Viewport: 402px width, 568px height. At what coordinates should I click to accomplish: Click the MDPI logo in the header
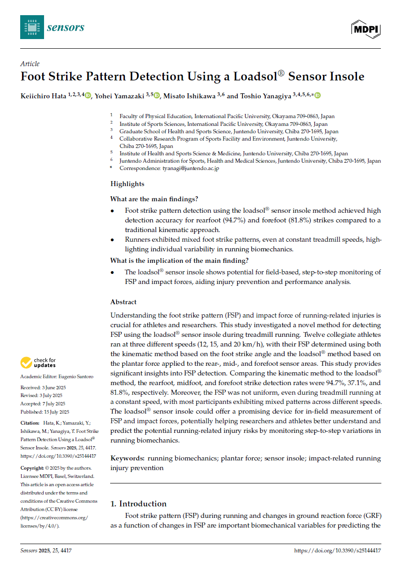pyautogui.click(x=366, y=29)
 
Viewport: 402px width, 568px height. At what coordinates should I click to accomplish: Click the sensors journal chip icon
pyautogui.click(x=32, y=27)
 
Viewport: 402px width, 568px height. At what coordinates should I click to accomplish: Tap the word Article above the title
pyautogui.click(x=30, y=64)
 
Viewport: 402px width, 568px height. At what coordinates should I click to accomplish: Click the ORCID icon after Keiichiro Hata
pyautogui.click(x=88, y=96)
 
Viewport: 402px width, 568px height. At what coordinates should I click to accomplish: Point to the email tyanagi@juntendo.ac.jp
pyautogui.click(x=190, y=169)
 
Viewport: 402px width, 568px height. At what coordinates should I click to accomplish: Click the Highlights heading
pyautogui.click(x=127, y=184)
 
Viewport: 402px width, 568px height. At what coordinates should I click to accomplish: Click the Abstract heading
pyautogui.click(x=123, y=302)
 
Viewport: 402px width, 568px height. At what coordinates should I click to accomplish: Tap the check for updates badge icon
pyautogui.click(x=27, y=363)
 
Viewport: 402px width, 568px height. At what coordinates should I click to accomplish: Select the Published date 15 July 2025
pyautogui.click(x=54, y=412)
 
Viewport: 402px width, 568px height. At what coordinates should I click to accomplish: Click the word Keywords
pyautogui.click(x=127, y=458)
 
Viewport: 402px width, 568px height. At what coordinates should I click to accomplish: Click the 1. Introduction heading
pyautogui.click(x=139, y=504)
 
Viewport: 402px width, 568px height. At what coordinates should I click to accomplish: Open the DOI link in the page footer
pyautogui.click(x=337, y=550)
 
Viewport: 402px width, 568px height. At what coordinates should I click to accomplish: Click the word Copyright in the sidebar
pyautogui.click(x=32, y=468)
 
